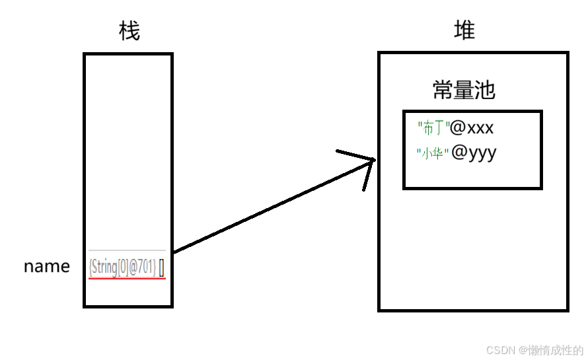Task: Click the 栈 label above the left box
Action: coord(129,30)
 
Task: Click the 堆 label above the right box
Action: coord(464,30)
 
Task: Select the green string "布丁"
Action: coord(433,127)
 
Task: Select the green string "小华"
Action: coord(433,154)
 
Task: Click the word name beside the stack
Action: coord(47,266)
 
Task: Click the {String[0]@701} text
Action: coord(122,267)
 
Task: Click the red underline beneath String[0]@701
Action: coord(127,278)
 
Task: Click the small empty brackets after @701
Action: coord(162,268)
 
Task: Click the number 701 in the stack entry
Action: coord(147,267)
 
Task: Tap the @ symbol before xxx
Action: coord(457,127)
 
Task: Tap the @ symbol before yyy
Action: coord(457,153)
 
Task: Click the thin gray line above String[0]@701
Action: coord(127,250)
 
